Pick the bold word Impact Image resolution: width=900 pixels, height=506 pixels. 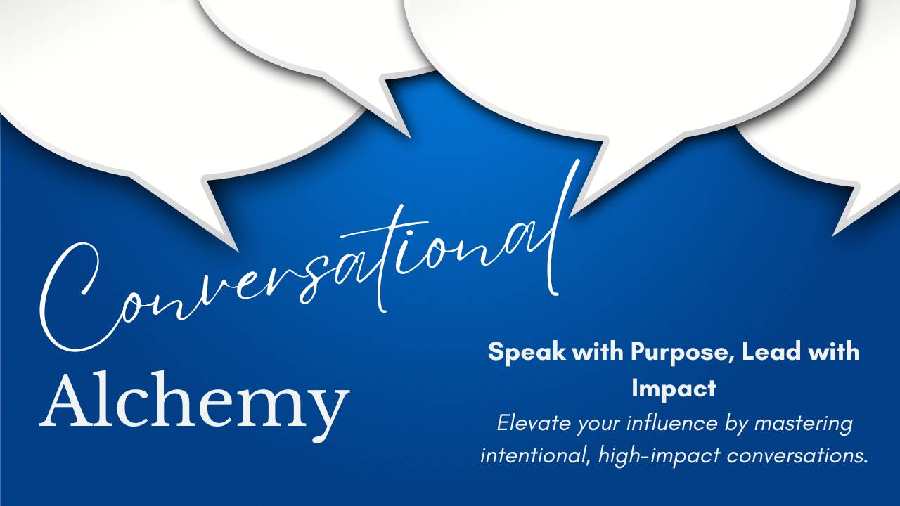674,389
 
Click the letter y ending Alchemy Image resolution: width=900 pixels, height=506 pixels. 326,415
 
